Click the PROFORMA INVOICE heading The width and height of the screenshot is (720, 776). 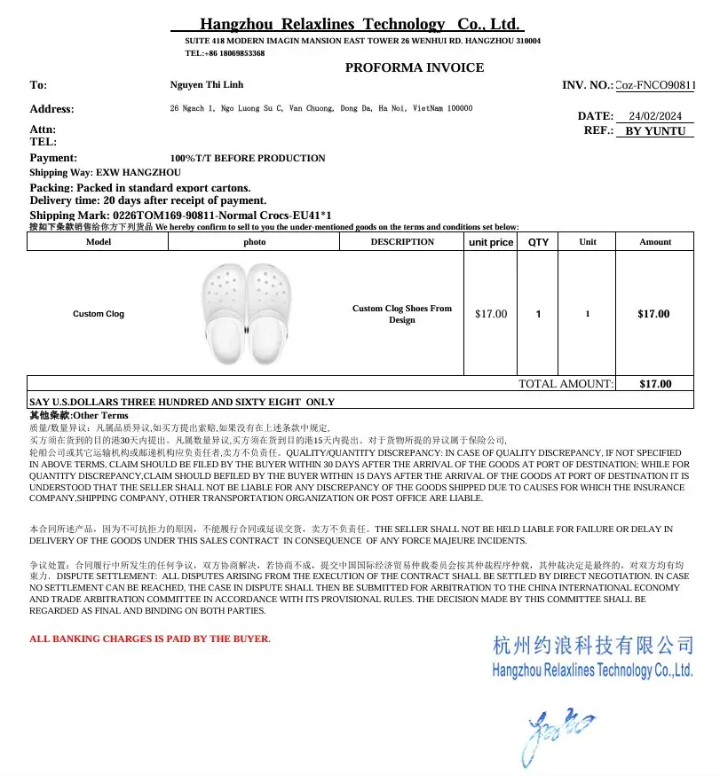[x=415, y=67]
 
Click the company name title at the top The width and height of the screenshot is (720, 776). [x=360, y=24]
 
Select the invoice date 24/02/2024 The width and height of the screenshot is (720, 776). [x=654, y=116]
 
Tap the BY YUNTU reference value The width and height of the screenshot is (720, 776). [x=655, y=130]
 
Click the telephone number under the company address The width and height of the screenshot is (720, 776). [x=225, y=53]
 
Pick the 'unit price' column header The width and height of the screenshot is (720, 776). [x=490, y=242]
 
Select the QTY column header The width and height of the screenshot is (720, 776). [x=538, y=242]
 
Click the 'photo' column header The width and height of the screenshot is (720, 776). [x=255, y=242]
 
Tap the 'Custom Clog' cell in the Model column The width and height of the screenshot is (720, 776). [x=99, y=314]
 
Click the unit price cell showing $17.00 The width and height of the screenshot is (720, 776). [x=491, y=314]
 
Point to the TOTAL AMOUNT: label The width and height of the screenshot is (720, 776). [x=566, y=384]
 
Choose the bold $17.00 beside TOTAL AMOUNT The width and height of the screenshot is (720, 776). [x=655, y=384]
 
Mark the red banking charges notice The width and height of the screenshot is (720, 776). [x=150, y=639]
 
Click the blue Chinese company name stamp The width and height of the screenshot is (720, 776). [x=592, y=645]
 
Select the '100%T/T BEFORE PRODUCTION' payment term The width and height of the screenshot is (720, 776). [x=248, y=158]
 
